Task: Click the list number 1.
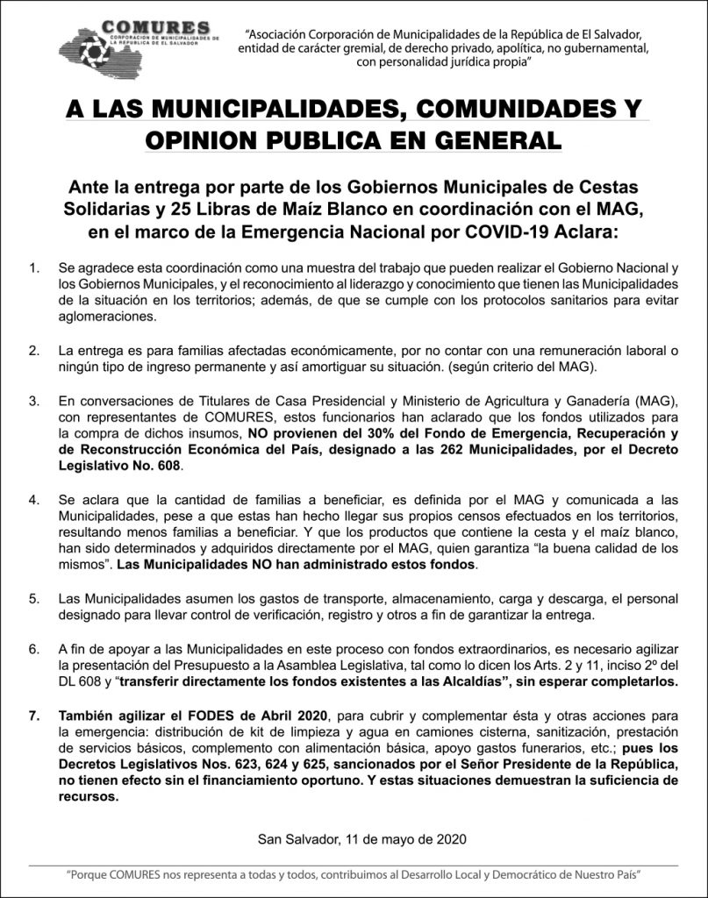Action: point(33,266)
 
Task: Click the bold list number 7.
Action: point(33,716)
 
